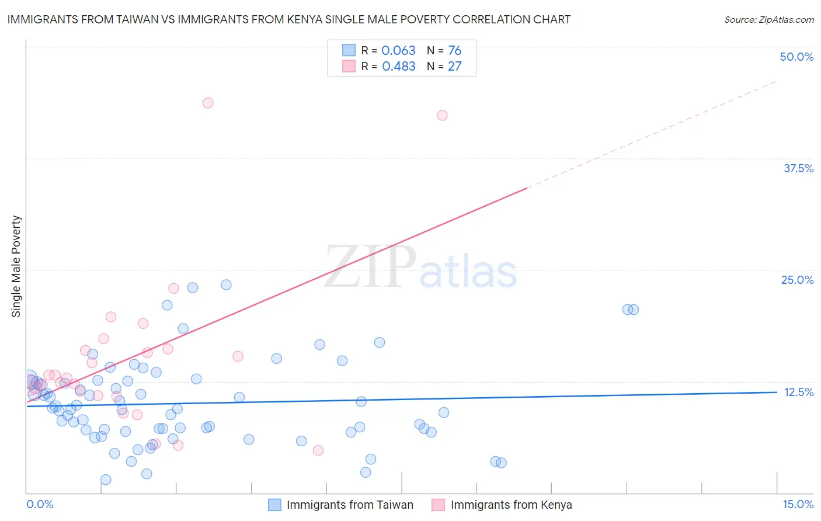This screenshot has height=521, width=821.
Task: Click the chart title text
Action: [288, 19]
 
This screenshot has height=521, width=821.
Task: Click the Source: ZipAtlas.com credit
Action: [768, 19]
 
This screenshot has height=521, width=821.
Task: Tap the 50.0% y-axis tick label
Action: [796, 57]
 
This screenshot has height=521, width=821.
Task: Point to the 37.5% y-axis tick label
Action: [798, 168]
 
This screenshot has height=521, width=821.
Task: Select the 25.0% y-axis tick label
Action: [797, 280]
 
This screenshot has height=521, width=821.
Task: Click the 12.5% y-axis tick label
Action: [798, 392]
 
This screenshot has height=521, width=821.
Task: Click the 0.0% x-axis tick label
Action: [40, 504]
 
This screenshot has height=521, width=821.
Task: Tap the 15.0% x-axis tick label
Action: [798, 504]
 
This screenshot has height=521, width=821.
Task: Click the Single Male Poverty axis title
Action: [16, 266]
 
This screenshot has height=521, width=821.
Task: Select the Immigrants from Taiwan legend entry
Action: [349, 505]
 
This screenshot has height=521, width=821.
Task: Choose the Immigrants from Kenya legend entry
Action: [510, 505]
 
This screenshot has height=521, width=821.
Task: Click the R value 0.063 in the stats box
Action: [398, 51]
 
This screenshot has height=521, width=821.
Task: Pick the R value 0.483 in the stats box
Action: [398, 67]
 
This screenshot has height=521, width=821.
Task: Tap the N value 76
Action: [454, 51]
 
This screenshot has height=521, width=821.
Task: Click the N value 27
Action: [454, 67]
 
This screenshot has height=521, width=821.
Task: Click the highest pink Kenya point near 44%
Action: [208, 103]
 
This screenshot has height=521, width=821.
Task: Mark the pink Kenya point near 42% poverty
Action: [443, 116]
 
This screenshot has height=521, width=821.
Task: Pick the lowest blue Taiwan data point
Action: [106, 480]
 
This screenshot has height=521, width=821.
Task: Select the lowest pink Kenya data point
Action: [318, 450]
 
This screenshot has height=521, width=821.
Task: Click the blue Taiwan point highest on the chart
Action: [226, 285]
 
